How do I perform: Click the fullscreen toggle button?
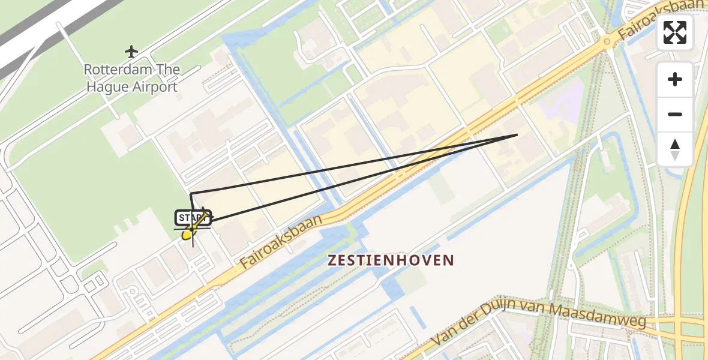(675, 32)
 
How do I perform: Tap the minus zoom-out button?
(675, 114)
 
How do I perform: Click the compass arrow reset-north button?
(675, 149)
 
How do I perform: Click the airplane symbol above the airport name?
(131, 52)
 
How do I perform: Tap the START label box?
(192, 218)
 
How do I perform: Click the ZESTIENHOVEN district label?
(390, 260)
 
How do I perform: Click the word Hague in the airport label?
(108, 86)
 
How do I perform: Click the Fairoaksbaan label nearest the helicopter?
(281, 241)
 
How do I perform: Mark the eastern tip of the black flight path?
(517, 135)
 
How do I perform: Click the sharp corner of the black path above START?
(191, 194)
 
